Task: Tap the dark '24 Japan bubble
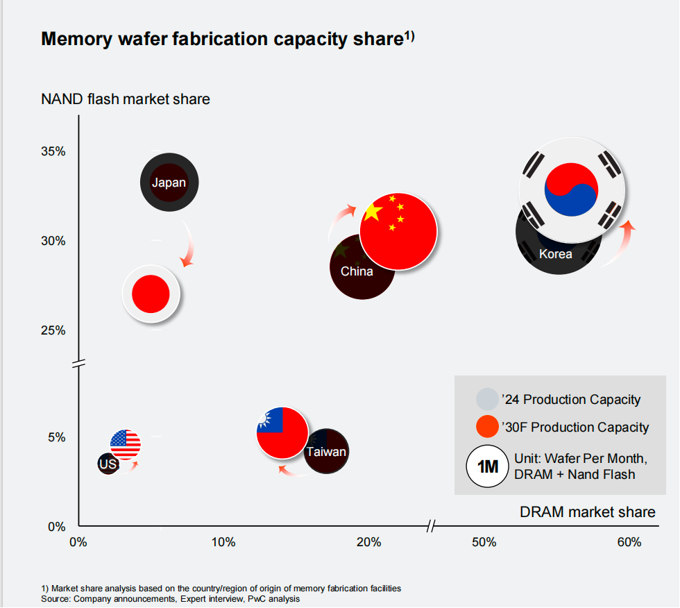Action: pos(170,183)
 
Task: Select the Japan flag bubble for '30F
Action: pos(151,294)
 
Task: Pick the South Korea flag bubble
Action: pos(572,186)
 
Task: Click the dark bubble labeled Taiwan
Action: pos(327,453)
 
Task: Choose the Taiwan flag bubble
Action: pos(282,432)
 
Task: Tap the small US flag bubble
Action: pos(126,444)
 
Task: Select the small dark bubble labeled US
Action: pos(108,464)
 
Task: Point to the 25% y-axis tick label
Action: pos(54,330)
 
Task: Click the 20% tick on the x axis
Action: pos(368,542)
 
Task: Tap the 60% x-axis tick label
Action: pos(629,542)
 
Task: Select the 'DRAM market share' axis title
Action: pos(587,512)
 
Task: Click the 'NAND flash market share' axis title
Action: pos(126,99)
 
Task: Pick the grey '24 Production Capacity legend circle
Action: pos(487,399)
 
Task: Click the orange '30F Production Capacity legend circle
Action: pos(487,427)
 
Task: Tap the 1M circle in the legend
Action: pos(488,466)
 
